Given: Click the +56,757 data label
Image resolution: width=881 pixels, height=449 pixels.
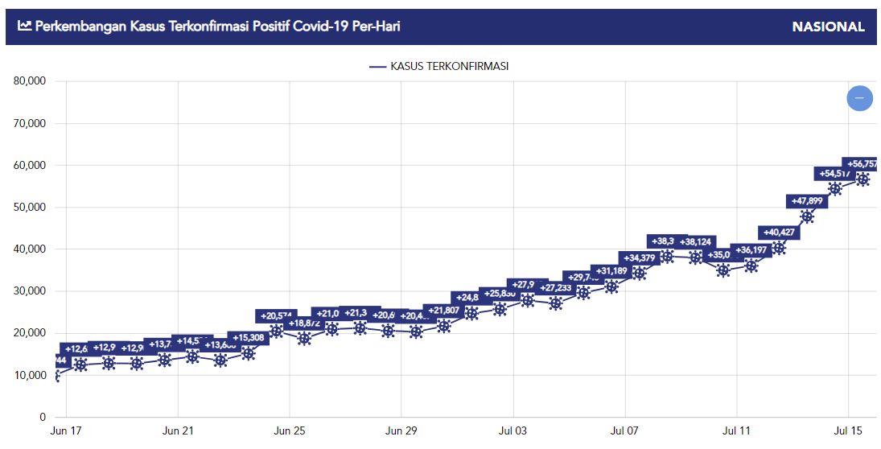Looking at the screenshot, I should click(862, 163).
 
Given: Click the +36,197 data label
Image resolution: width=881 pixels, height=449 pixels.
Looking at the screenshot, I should click(751, 250).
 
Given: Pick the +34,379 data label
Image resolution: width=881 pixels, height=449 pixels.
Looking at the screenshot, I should click(640, 257).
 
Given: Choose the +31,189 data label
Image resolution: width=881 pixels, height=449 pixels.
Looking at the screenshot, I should click(615, 270).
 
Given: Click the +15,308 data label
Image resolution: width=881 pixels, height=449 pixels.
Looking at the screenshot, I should click(249, 337).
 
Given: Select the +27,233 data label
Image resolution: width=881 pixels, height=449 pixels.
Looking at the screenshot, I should click(556, 287).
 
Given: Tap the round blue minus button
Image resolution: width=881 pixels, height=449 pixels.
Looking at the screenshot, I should click(859, 97).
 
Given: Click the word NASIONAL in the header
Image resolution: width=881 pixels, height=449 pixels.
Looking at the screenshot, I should click(828, 27).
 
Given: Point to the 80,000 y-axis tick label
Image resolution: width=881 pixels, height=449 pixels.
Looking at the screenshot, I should click(30, 81).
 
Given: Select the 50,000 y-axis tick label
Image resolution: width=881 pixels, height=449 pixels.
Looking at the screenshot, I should click(30, 207).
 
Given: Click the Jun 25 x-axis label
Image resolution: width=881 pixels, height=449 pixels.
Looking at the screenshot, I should click(289, 431).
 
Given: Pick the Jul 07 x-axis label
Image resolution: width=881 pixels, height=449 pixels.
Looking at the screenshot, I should click(625, 431).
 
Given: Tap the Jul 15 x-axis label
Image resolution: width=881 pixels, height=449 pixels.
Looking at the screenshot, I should click(849, 431).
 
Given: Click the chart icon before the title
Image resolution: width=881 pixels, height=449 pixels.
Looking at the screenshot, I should click(24, 26).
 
